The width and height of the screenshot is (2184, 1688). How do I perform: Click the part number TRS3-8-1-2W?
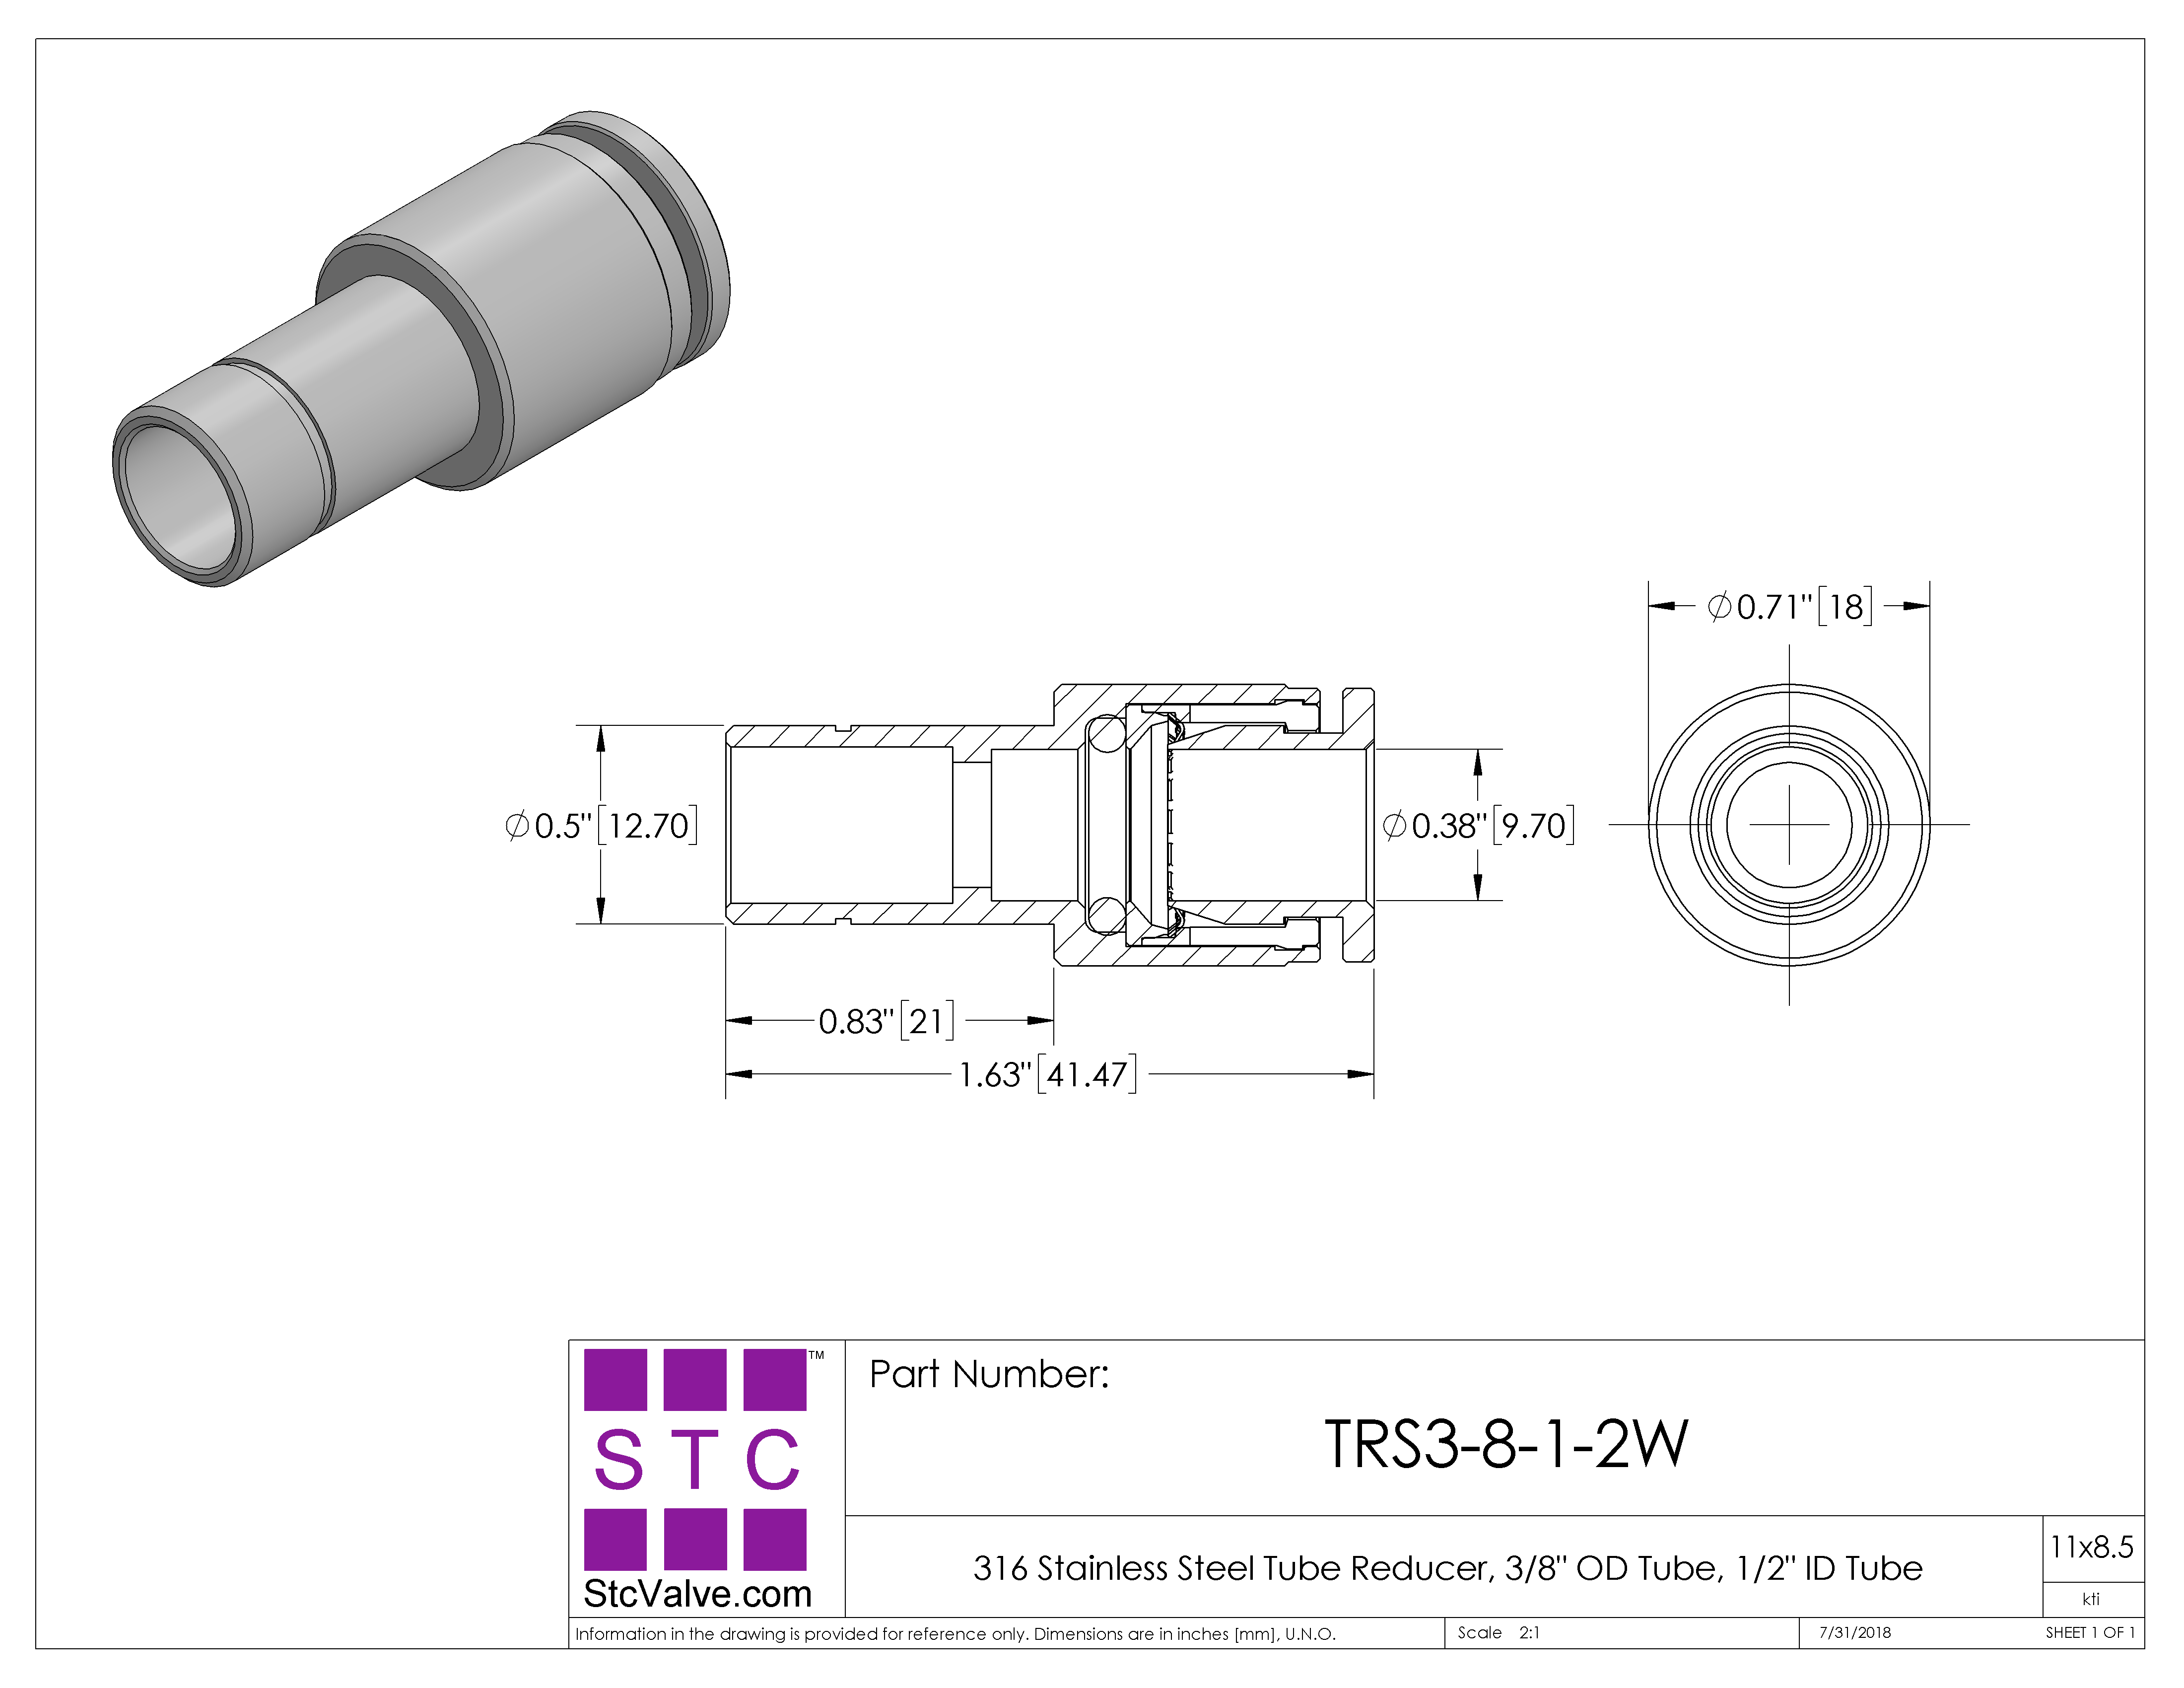coord(1506,1444)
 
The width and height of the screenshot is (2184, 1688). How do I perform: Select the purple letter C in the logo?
coord(773,1459)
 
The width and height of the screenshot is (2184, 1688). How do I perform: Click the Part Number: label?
coord(989,1374)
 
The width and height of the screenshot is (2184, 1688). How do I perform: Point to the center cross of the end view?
coord(1789,825)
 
